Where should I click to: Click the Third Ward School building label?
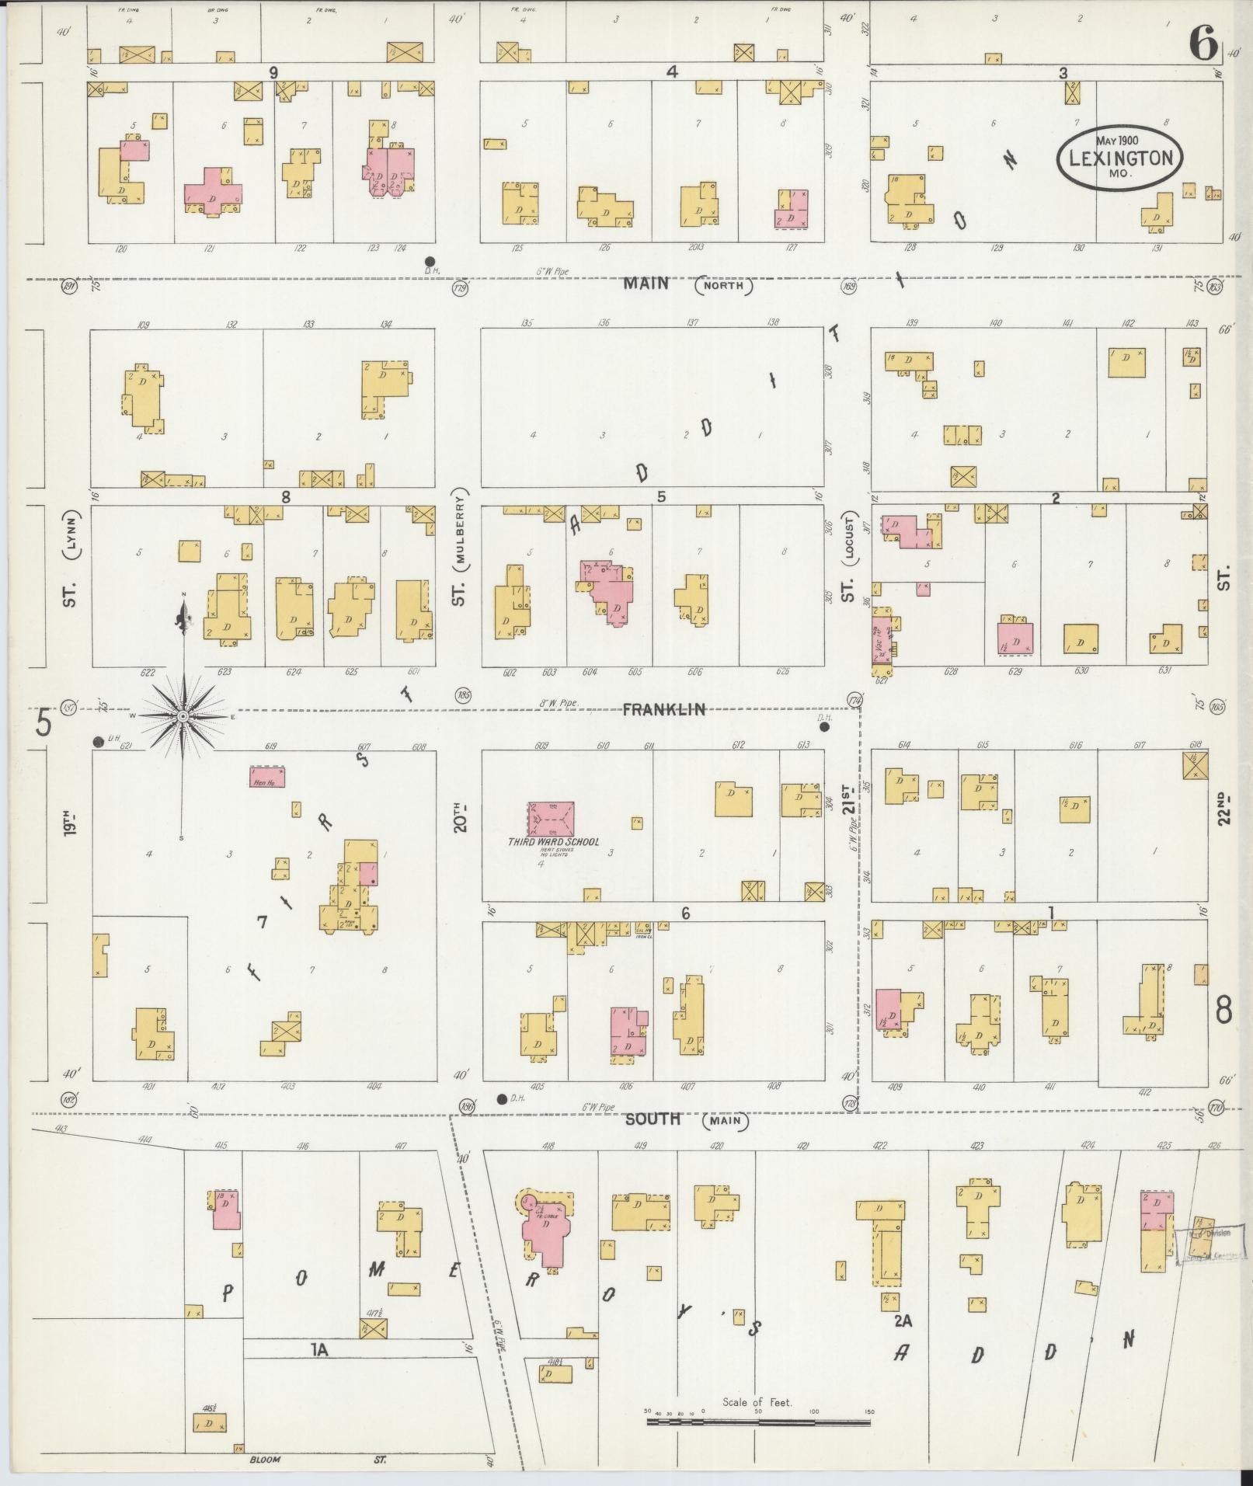(553, 842)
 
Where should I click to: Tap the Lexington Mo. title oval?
(1119, 158)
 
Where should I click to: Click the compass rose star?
(183, 715)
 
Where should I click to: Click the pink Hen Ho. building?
(266, 778)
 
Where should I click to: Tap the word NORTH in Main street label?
(724, 285)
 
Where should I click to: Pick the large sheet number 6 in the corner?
(1203, 45)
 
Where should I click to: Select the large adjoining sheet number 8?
(1223, 1010)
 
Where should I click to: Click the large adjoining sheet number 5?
(44, 723)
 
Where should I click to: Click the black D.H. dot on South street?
(502, 1098)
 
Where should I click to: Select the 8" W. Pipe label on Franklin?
(559, 704)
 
